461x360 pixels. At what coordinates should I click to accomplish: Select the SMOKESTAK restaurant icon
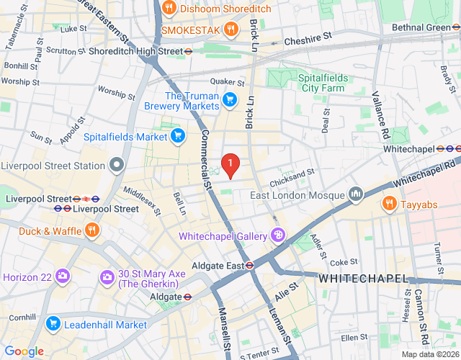(x=230, y=30)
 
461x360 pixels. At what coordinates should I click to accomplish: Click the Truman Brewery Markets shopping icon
(x=230, y=99)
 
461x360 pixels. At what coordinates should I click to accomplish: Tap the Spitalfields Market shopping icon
(x=179, y=135)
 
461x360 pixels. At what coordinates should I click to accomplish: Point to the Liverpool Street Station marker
(x=117, y=166)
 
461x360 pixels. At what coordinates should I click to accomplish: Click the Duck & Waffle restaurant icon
(x=91, y=230)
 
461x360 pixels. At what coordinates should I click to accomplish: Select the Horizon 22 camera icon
(x=63, y=276)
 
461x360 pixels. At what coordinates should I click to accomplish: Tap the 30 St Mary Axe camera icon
(x=107, y=276)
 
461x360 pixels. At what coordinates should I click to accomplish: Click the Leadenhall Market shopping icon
(x=53, y=324)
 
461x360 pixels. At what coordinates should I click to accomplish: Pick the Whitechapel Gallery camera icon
(x=277, y=235)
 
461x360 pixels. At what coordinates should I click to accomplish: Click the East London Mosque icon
(x=355, y=194)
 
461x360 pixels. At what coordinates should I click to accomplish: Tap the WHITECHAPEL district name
(x=362, y=278)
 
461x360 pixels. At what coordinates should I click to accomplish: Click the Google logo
(x=24, y=351)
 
